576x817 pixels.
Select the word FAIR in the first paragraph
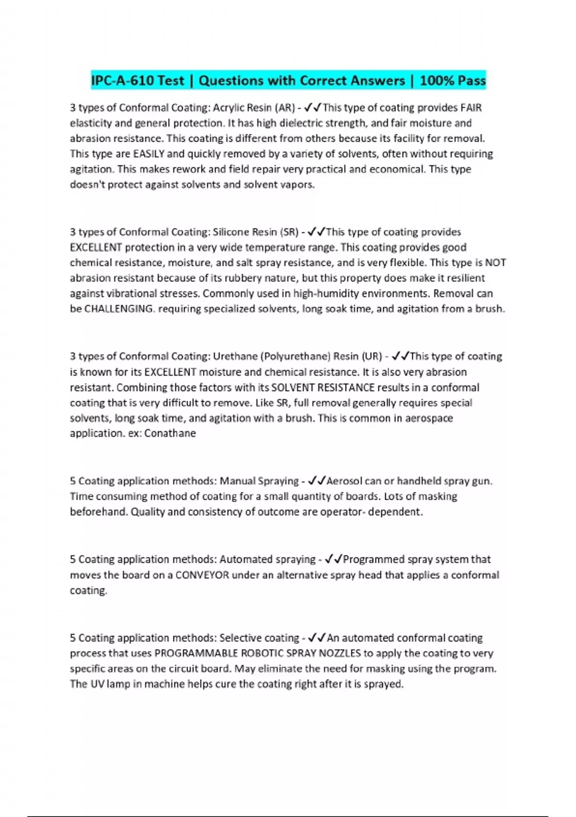tap(471, 108)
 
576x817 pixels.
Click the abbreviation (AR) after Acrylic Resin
tap(283, 108)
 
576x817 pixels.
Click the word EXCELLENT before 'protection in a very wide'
tap(96, 248)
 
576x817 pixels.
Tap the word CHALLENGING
tap(119, 309)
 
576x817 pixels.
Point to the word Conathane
tap(170, 433)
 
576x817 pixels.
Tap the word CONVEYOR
tap(202, 575)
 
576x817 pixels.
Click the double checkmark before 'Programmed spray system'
tap(333, 559)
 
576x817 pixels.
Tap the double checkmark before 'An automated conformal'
tap(317, 638)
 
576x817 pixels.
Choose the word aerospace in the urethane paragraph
tap(429, 418)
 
